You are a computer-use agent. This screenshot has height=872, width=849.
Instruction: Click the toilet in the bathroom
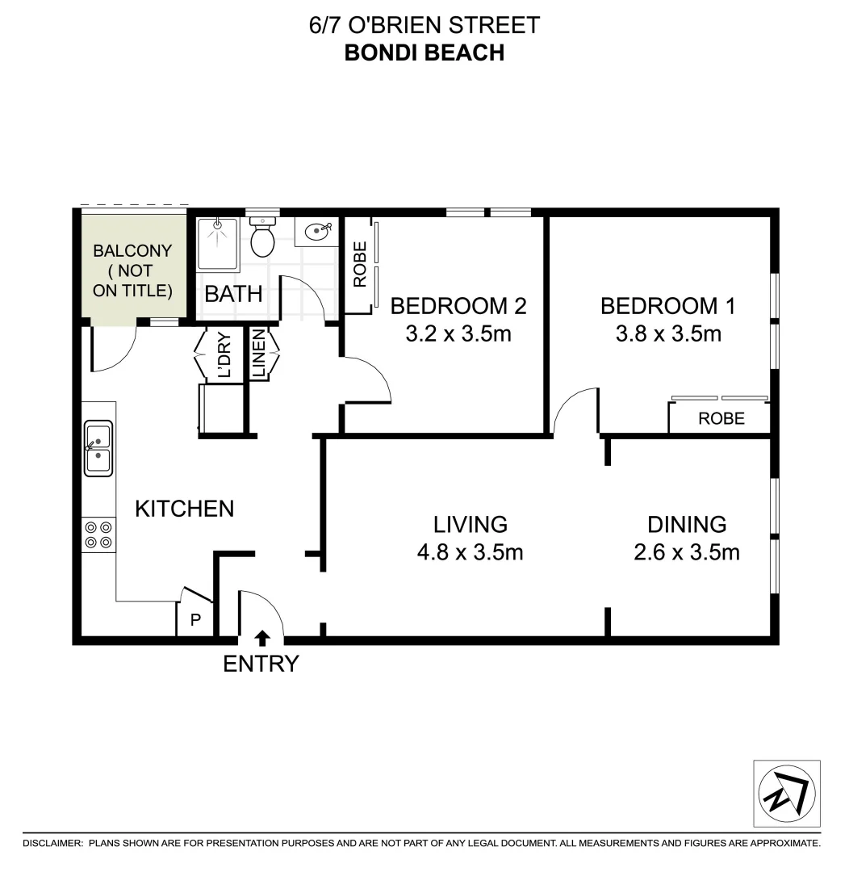(262, 236)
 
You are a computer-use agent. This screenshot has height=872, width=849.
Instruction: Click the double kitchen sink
(98, 450)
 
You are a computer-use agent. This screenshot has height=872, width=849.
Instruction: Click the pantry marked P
(194, 621)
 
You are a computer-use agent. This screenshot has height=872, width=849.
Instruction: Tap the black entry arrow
(261, 639)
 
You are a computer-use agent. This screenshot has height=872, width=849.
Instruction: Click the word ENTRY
(261, 664)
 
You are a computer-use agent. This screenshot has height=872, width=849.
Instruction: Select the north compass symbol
(786, 793)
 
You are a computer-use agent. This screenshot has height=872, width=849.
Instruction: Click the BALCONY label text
(133, 250)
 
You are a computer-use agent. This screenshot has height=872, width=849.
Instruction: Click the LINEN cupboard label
(259, 354)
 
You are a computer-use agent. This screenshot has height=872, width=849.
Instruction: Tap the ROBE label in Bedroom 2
(360, 265)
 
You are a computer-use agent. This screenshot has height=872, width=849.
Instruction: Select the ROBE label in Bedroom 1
(721, 419)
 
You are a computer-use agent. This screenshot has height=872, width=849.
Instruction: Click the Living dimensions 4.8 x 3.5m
(471, 553)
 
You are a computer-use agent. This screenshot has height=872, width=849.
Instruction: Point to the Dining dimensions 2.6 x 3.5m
(687, 553)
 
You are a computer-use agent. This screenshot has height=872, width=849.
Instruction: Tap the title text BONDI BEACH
(424, 52)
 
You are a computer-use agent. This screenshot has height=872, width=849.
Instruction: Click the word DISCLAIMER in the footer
(52, 843)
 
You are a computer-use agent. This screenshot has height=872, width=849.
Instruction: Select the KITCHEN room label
(184, 509)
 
